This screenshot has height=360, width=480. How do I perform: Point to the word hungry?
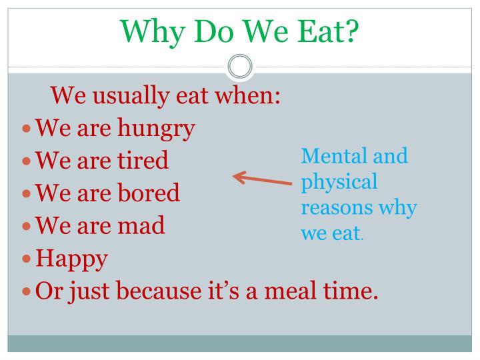click(x=155, y=128)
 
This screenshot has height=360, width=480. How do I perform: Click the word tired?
click(x=142, y=161)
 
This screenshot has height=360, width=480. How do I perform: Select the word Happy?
click(x=71, y=259)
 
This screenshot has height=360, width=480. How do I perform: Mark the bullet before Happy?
click(x=27, y=259)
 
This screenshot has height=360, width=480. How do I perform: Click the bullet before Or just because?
click(x=27, y=291)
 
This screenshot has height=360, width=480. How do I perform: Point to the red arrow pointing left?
click(x=261, y=179)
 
